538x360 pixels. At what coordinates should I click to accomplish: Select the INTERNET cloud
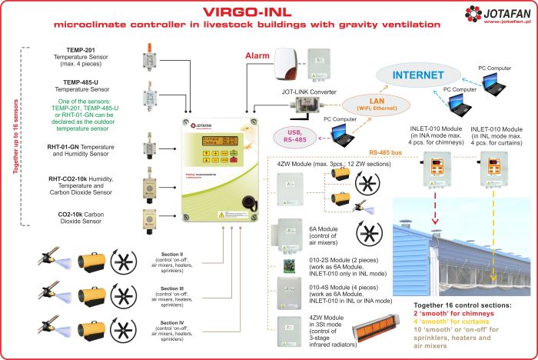(x=418, y=75)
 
